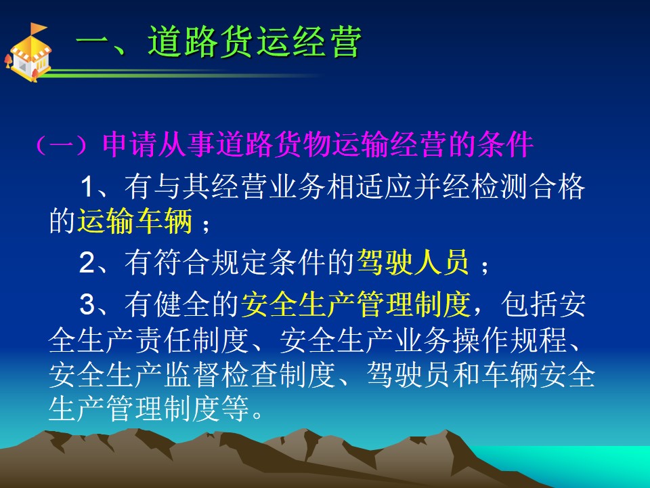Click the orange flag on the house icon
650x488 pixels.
tap(38, 28)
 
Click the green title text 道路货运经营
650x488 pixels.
tap(255, 41)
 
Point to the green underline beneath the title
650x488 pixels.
tap(182, 75)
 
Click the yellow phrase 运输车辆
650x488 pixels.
tap(135, 221)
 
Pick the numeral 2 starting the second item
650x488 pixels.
tap(87, 262)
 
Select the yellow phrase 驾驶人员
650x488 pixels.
tap(413, 262)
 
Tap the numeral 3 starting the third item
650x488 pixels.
tap(87, 304)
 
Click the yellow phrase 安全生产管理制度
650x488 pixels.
tap(355, 304)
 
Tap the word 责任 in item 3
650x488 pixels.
tap(163, 341)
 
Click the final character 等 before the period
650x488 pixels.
tap(236, 409)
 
